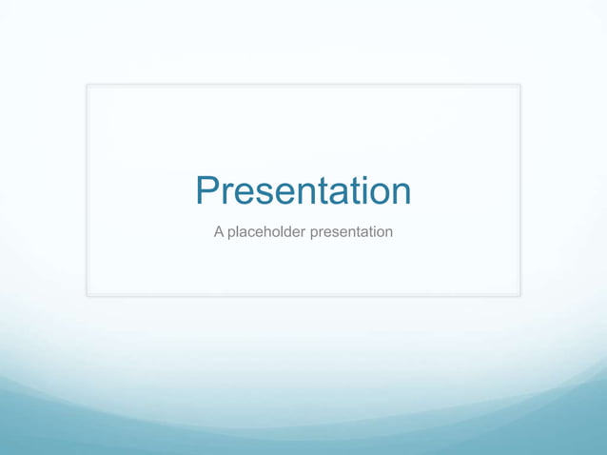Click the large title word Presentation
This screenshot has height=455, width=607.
coord(303,190)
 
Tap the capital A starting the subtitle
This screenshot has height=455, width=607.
coord(219,231)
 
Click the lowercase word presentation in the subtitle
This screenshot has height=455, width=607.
coord(351,232)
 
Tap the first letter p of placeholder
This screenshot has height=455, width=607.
coord(231,234)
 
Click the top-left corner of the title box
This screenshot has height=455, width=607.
coord(88,85)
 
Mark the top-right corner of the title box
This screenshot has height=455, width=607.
coord(519,85)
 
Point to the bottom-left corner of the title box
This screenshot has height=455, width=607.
coord(88,295)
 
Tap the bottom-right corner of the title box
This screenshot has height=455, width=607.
coord(519,295)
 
